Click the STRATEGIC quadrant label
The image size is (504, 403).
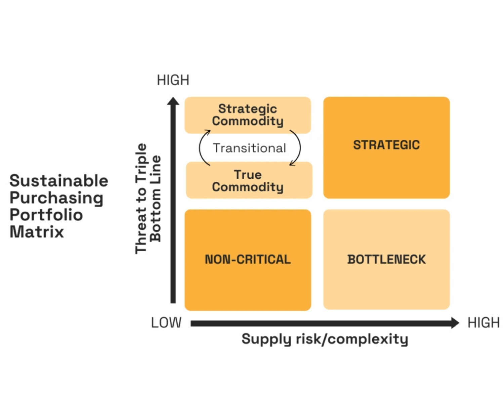point(386,145)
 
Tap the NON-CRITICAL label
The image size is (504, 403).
point(248,260)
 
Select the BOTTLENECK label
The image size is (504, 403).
point(386,260)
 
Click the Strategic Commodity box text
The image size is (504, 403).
point(248,115)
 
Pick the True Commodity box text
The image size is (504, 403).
point(248,181)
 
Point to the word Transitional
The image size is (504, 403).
point(249,148)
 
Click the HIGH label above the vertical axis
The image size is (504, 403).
point(173,80)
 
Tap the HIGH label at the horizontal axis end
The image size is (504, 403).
point(483,323)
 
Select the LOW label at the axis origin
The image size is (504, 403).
point(166,323)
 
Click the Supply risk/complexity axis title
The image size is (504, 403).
point(325,339)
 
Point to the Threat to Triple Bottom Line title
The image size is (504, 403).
point(148,198)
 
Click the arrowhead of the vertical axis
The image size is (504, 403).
point(173,101)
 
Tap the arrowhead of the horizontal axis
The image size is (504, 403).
point(455,323)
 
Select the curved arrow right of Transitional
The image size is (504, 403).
point(298,148)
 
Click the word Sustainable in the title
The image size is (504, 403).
point(59,181)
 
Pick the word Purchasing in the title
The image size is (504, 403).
point(56,198)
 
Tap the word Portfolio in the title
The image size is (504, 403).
point(46,215)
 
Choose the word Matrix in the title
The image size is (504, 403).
point(37,232)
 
